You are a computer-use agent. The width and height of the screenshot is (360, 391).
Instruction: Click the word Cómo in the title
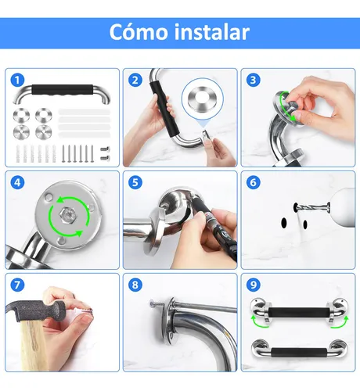point(138,33)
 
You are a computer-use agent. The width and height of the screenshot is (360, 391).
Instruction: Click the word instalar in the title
point(211,33)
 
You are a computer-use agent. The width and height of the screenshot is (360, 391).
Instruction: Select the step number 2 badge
point(135,80)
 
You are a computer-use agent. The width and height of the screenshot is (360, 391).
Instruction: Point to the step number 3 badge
point(253,80)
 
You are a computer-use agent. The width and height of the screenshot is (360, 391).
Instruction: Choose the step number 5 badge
point(135,182)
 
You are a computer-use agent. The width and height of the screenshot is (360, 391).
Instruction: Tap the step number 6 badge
point(253,182)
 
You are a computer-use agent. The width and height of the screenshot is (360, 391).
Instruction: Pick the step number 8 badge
point(135,285)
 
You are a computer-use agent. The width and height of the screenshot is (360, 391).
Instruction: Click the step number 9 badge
point(253,285)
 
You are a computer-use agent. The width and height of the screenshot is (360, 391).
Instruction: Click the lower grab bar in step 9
point(297,350)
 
